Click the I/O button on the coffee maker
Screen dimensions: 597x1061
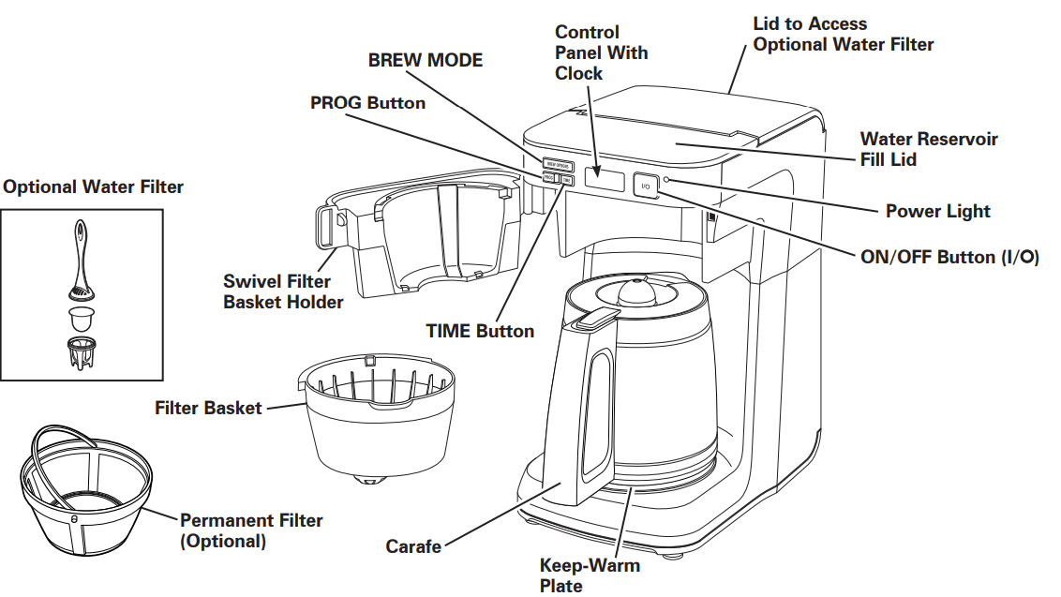click(645, 186)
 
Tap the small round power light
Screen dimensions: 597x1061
click(666, 179)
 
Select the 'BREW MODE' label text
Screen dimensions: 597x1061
click(425, 61)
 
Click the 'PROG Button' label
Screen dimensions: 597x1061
click(367, 102)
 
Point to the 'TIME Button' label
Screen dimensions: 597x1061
click(480, 331)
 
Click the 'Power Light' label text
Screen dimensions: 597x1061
click(937, 211)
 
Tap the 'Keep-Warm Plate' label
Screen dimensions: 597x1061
click(590, 575)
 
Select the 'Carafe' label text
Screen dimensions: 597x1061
click(413, 545)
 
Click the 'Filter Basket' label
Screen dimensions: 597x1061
click(208, 409)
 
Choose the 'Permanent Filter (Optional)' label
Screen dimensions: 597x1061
click(251, 530)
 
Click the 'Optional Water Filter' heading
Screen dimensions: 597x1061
click(94, 187)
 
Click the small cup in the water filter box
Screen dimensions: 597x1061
click(82, 316)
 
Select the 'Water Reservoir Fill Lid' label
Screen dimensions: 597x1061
click(929, 149)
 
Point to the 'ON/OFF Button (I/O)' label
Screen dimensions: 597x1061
click(949, 257)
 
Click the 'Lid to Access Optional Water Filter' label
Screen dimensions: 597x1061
click(843, 34)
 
